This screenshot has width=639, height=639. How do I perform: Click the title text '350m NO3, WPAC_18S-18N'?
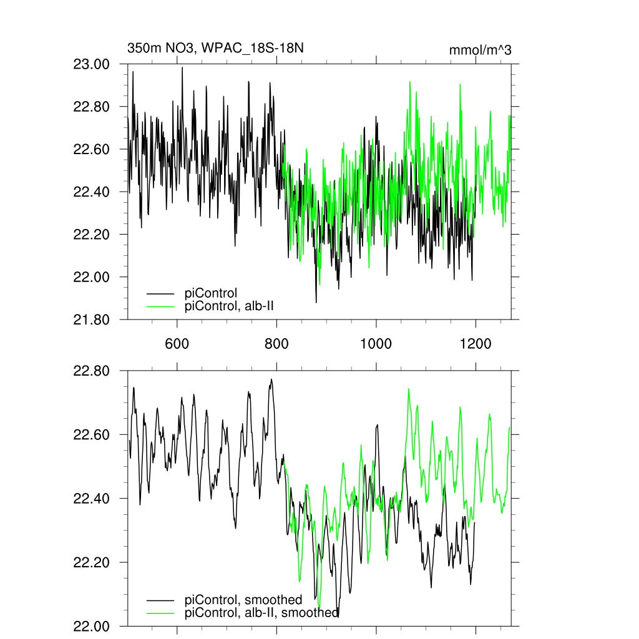(215, 48)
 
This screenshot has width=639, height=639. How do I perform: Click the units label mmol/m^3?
(480, 51)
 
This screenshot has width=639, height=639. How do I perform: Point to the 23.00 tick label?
(92, 64)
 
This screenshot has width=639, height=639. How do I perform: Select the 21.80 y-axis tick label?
(92, 319)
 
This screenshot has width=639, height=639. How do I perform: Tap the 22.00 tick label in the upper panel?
(92, 277)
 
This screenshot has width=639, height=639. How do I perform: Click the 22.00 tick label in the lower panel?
(92, 626)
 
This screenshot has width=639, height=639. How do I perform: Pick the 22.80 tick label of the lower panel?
(92, 371)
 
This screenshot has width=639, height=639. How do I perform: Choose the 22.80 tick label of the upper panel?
(92, 107)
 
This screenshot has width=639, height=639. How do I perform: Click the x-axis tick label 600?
(177, 343)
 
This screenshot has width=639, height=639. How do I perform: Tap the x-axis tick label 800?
(276, 343)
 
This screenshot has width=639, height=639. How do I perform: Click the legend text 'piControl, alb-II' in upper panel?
(230, 306)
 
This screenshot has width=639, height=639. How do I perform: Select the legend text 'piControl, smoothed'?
(243, 600)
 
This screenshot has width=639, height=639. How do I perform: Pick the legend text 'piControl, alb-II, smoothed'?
(262, 613)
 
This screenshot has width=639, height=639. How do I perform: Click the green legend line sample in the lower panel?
(160, 613)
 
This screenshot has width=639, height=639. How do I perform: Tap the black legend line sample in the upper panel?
(160, 292)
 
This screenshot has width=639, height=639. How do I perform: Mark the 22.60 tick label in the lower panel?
(92, 435)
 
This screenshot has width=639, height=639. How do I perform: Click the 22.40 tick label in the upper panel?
(92, 192)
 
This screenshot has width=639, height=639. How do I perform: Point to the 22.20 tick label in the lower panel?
(92, 562)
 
